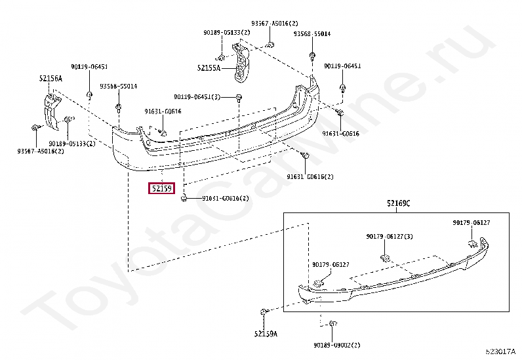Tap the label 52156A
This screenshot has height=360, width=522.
point(50,79)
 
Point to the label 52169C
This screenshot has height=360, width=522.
point(398,203)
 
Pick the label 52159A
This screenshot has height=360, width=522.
point(266,334)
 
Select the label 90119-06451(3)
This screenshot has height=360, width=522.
point(201,97)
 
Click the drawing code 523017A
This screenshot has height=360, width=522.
point(500,352)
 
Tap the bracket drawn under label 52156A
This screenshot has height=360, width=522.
point(51,108)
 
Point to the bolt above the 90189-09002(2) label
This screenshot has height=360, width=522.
point(332,323)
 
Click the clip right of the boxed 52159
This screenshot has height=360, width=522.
point(186,198)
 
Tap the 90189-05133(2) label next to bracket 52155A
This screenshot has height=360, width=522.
point(226,33)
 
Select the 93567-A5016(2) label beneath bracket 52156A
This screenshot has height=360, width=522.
point(41,151)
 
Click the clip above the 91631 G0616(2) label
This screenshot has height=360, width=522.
point(306,155)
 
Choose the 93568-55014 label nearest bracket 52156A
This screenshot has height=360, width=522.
point(119,86)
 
